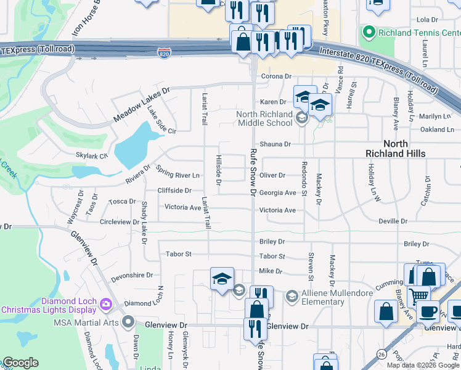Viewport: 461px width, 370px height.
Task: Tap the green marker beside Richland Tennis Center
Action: tap(369, 31)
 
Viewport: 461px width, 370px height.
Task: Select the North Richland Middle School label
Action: tap(265, 118)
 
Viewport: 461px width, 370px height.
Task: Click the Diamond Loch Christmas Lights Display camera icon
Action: tap(105, 303)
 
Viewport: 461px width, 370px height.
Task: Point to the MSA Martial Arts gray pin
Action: tap(128, 322)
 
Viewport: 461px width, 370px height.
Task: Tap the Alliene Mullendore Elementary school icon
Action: tap(292, 297)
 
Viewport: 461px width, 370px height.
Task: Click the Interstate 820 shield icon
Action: tap(163, 53)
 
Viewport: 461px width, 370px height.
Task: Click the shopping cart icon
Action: tap(419, 294)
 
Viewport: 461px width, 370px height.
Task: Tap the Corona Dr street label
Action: tap(275, 76)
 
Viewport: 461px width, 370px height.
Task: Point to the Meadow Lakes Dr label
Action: tap(141, 105)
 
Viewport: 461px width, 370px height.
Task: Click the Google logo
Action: tap(20, 363)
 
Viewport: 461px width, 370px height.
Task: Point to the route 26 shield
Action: tap(381, 354)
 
